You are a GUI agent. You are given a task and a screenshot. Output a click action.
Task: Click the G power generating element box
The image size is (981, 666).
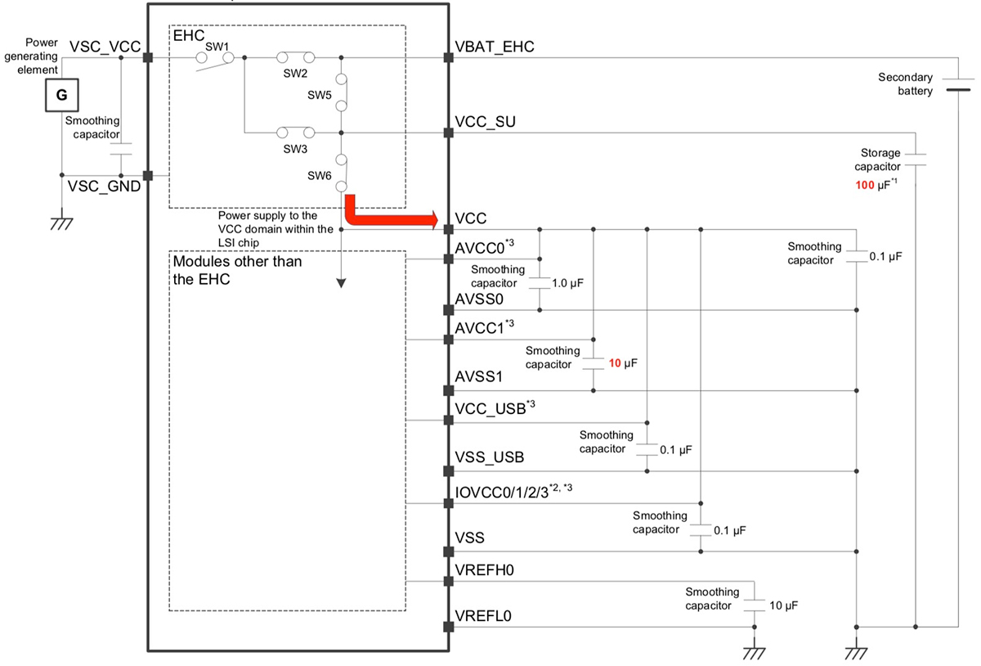coord(62,95)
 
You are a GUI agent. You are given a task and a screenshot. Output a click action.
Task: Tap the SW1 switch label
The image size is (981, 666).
coord(217,47)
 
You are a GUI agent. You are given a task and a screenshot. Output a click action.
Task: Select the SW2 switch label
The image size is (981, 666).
coord(295,73)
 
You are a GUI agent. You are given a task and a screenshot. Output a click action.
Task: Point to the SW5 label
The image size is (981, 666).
coord(320,95)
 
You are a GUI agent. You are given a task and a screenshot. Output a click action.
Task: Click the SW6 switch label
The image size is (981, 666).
coord(320,176)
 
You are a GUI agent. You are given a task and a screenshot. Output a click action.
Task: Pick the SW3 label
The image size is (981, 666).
coord(295,149)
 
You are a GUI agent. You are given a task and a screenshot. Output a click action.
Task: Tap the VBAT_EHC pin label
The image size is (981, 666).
coord(495,47)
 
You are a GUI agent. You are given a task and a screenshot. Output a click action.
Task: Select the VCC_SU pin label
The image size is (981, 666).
coord(485,122)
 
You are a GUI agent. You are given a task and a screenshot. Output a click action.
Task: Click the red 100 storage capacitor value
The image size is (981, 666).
coord(865,185)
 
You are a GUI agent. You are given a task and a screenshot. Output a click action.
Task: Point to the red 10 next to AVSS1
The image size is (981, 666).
coord(615,363)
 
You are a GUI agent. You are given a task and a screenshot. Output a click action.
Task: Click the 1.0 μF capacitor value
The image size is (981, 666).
coord(567,283)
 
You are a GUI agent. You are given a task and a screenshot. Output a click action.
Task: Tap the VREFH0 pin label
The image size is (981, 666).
coord(484,570)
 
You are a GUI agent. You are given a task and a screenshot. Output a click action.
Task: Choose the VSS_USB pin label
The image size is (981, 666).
coord(489,457)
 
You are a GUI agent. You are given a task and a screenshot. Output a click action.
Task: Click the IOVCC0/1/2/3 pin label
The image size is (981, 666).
coord(501,493)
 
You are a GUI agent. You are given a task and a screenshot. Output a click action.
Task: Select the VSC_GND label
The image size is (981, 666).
coord(104,187)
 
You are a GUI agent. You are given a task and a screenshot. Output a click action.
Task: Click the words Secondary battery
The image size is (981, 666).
coord(905,84)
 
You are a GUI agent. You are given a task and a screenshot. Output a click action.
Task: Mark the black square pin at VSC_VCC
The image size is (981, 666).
coord(148,57)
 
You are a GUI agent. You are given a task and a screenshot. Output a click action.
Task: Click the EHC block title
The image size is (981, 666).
coord(188,35)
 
